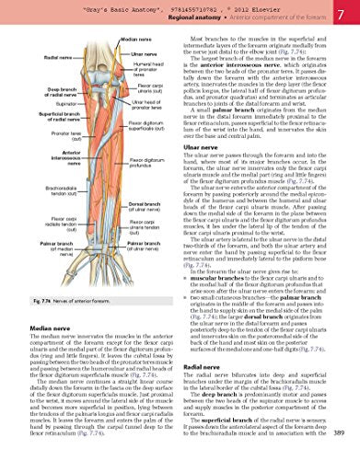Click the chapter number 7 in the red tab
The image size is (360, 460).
tap(343, 16)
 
